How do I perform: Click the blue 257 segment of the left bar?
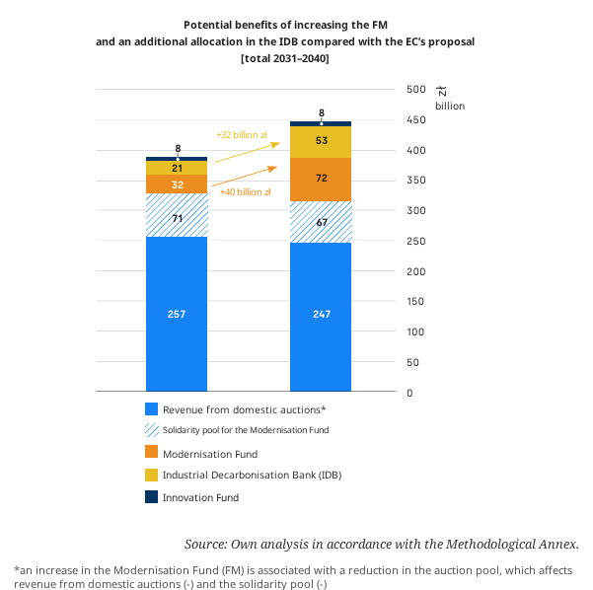tap(177, 314)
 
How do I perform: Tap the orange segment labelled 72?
tap(321, 180)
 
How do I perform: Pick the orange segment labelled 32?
tap(177, 184)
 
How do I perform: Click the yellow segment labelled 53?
tap(321, 142)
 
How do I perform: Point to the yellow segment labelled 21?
tap(177, 168)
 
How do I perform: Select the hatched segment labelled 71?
tap(177, 215)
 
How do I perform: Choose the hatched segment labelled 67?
tap(321, 222)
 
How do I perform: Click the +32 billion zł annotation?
tap(242, 135)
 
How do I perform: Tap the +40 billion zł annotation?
tap(246, 192)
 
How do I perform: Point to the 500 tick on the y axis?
tap(416, 89)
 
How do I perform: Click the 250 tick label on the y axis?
tap(416, 241)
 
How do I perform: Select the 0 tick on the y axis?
tap(409, 393)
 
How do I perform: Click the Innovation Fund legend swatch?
tap(151, 496)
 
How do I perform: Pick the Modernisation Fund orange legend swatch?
tap(151, 452)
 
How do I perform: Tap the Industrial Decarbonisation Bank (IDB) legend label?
tap(252, 475)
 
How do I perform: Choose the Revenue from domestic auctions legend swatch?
tap(151, 408)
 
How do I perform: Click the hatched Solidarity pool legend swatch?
tap(151, 430)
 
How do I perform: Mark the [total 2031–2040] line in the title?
tap(285, 58)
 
